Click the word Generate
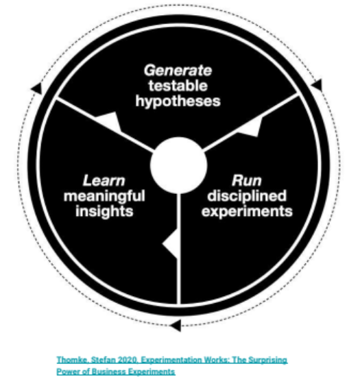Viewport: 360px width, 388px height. click(178, 71)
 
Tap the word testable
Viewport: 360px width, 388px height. click(178, 86)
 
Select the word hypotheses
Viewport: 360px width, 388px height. click(178, 101)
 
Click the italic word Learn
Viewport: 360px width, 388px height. click(104, 180)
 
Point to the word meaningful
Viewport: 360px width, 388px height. click(104, 197)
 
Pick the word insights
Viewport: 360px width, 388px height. click(104, 212)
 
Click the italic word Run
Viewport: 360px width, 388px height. click(247, 180)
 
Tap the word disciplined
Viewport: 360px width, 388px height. click(247, 197)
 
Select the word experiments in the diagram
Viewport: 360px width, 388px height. click(247, 212)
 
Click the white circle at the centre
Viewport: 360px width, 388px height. click(178, 165)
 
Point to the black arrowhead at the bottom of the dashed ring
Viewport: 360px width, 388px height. click(176, 325)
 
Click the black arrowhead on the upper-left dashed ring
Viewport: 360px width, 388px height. click(37, 88)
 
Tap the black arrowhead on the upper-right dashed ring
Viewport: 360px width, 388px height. click(317, 85)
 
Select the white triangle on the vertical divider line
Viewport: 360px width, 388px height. click(171, 244)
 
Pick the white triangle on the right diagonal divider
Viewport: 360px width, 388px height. click(250, 128)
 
